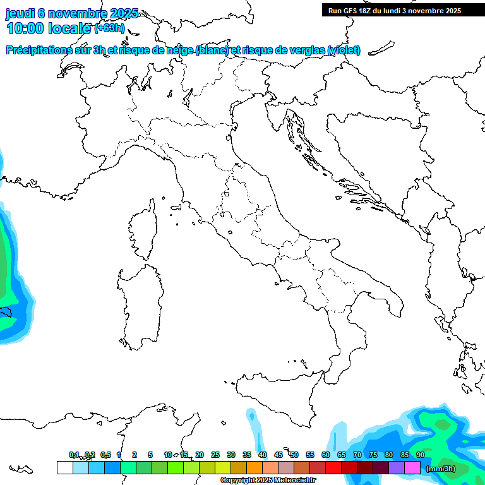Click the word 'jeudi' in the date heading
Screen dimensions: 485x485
click(20, 13)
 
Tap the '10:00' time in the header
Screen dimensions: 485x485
click(25, 28)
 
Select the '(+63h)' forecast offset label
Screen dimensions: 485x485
click(109, 28)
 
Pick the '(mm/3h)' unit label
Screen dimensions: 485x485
click(441, 468)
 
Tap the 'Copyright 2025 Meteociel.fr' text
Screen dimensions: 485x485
click(268, 480)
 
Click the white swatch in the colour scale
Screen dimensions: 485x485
click(64, 467)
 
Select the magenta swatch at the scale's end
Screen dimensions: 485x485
click(412, 467)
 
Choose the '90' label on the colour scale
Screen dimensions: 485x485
click(420, 455)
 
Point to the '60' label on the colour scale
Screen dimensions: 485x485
click(326, 455)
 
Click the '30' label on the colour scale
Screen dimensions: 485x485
click(231, 455)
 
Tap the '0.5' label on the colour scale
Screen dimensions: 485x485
click(105, 455)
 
